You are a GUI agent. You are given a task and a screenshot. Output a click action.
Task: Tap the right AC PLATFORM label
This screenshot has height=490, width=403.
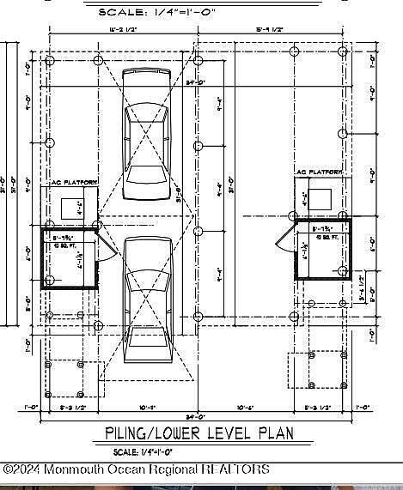[x=319, y=173]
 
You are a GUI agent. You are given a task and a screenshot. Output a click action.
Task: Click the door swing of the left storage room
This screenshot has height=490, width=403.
[x=105, y=245]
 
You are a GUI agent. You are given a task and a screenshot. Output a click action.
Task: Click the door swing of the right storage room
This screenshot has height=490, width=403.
[x=285, y=241]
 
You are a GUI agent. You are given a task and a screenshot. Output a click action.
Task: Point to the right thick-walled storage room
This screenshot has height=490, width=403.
[x=322, y=248]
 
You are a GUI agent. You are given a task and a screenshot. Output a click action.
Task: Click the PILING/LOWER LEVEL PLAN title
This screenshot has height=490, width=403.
[x=198, y=433]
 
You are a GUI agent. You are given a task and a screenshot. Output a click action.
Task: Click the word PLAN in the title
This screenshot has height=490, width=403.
[x=273, y=433]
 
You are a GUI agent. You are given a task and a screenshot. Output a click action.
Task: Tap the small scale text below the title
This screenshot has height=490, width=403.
[x=143, y=452]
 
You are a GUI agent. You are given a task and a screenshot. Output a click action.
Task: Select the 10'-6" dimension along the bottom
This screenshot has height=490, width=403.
[x=245, y=408]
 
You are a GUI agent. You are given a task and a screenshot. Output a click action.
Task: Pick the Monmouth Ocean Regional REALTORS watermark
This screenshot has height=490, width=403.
[x=137, y=469]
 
